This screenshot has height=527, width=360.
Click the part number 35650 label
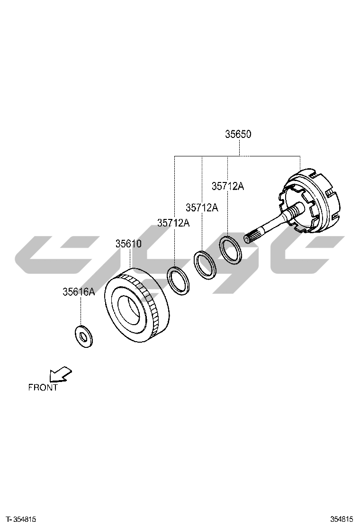pos(238,134)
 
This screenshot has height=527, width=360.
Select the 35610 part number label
pos(129,244)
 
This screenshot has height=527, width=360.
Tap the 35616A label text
pos(79,292)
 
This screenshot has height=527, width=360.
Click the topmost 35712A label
pos(228,186)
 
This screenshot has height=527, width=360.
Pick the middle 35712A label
pos(202,208)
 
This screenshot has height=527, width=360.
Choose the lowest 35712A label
pos(174,222)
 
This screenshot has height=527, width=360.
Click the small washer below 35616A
pos(84,336)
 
